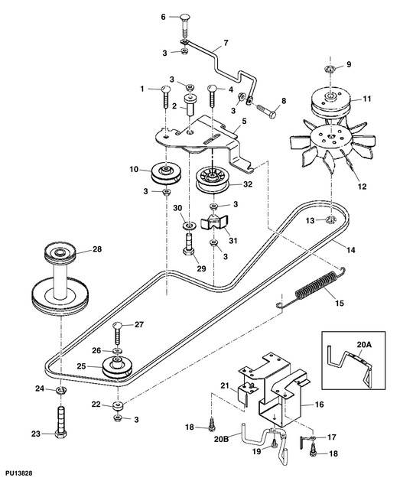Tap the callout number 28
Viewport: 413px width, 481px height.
pos(97,249)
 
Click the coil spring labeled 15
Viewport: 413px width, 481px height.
pos(314,289)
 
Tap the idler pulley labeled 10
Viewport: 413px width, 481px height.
pos(164,173)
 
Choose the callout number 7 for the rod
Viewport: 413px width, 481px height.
pos(225,44)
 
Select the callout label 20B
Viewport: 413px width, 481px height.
pos(223,440)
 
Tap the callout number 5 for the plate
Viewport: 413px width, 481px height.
pos(243,121)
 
